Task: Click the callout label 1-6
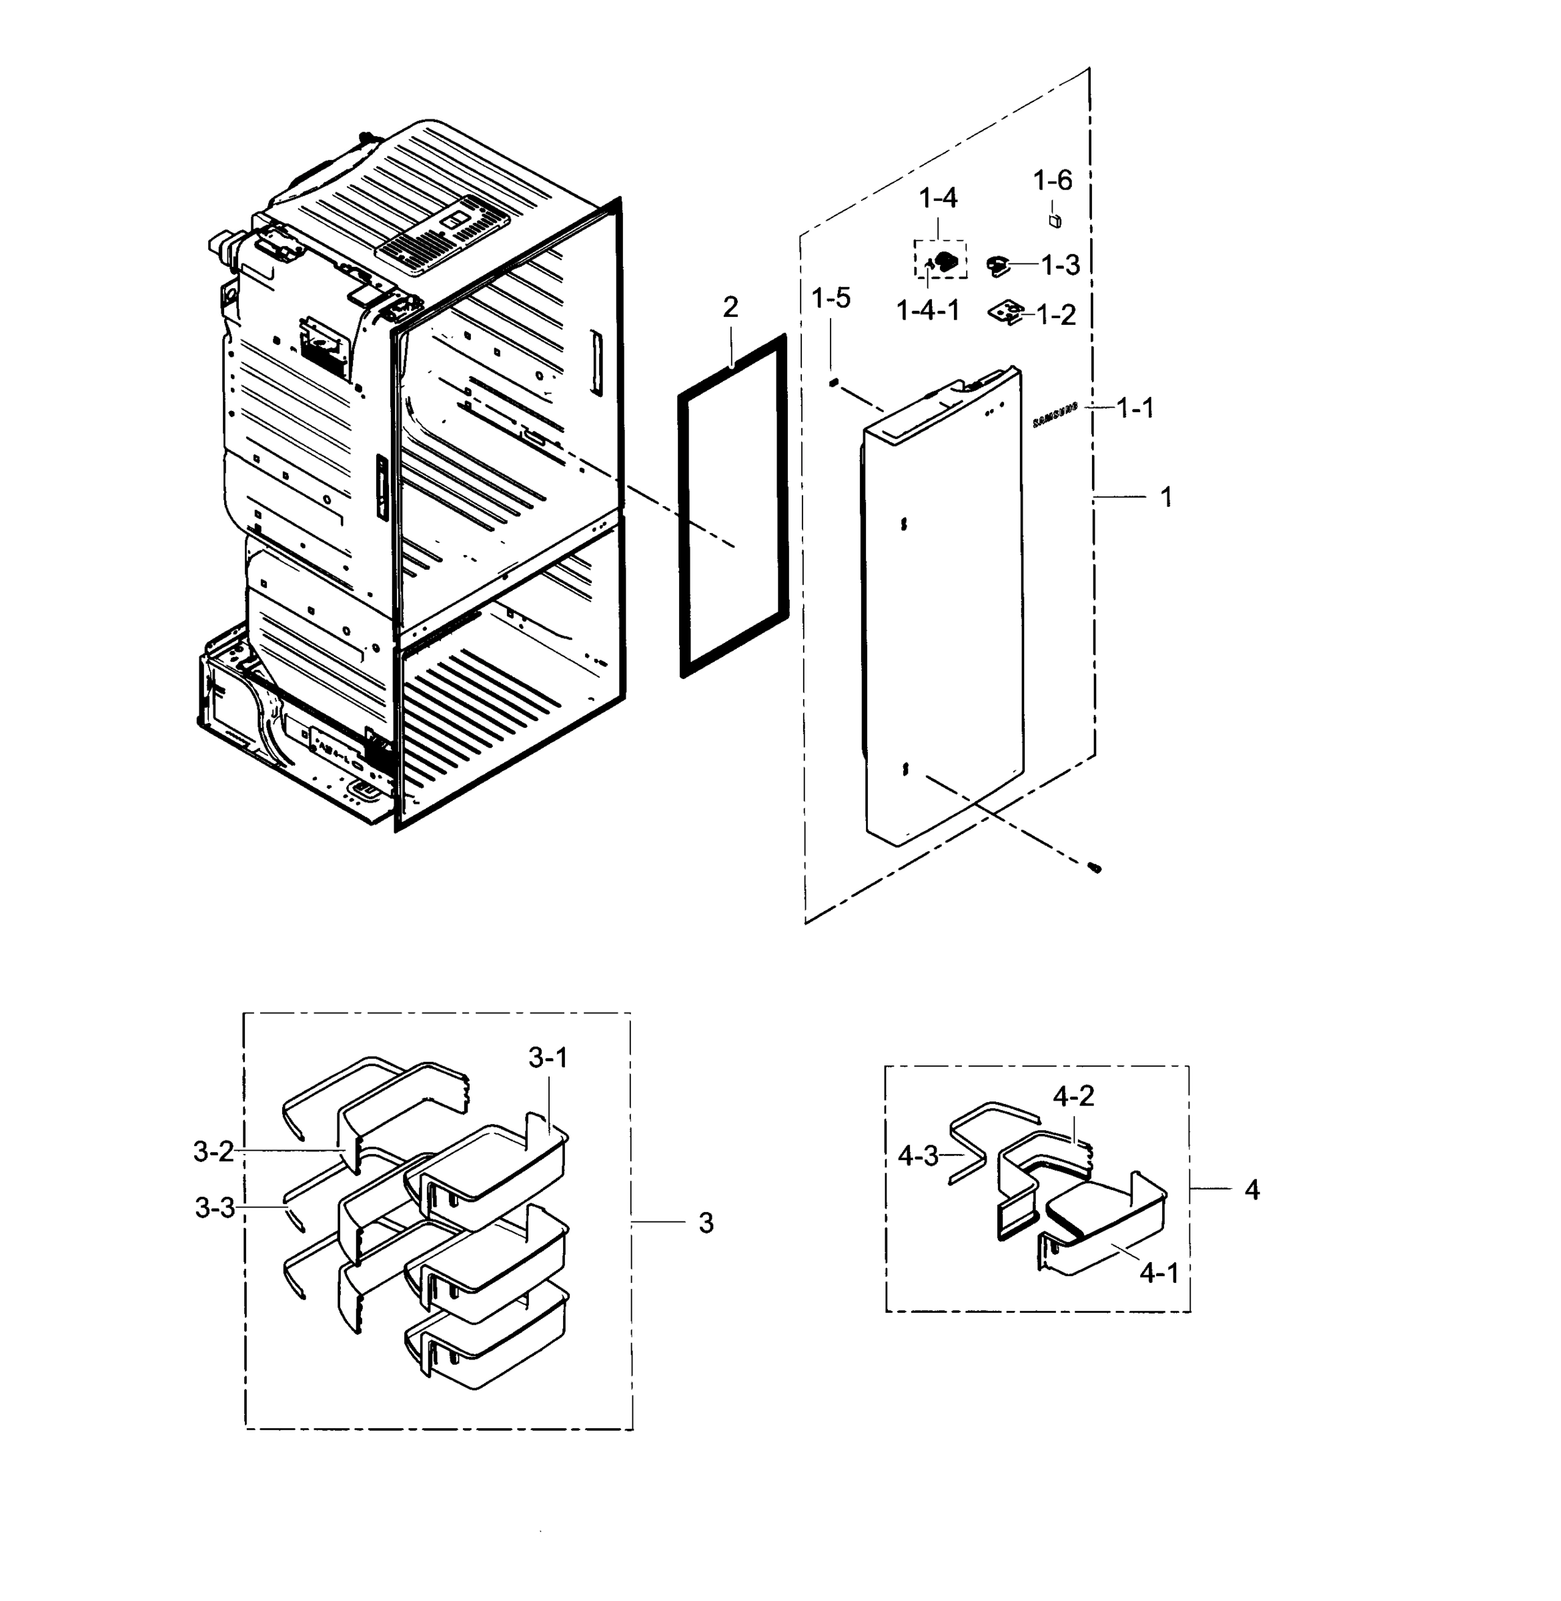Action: click(x=1052, y=180)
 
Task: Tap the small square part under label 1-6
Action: click(x=1055, y=221)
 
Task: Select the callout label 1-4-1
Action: click(x=927, y=311)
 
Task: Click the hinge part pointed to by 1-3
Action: click(x=999, y=265)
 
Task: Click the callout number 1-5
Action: click(x=831, y=298)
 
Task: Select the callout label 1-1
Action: click(x=1135, y=408)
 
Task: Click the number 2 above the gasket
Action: click(x=730, y=308)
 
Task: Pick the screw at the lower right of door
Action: click(x=1095, y=867)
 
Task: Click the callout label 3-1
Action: click(x=548, y=1058)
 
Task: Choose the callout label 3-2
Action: click(x=213, y=1152)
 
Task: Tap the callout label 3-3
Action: click(x=215, y=1207)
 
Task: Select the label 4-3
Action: click(x=917, y=1156)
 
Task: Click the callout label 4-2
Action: click(x=1073, y=1096)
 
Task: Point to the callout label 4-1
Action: click(x=1159, y=1272)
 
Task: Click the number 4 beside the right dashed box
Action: click(x=1251, y=1189)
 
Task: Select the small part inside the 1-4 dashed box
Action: click(x=947, y=261)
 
